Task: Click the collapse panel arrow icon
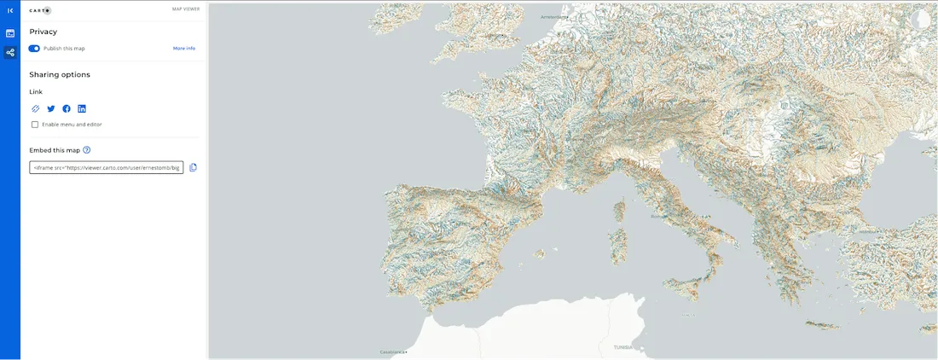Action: pos(10,10)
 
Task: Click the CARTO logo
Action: pos(40,10)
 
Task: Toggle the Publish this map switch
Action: pos(35,49)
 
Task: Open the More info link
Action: pos(184,49)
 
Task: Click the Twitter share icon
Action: pos(51,109)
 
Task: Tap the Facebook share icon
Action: pos(67,109)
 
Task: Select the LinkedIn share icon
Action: pos(82,109)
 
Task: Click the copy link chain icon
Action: pos(35,109)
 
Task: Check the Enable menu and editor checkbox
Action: pos(35,125)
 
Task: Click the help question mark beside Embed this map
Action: pos(87,150)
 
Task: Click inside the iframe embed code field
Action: pos(107,168)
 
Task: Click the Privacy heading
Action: pos(43,32)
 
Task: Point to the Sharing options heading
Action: pos(60,75)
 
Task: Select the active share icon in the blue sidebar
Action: pos(10,53)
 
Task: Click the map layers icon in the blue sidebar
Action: pos(10,33)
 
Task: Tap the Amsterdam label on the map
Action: pos(554,16)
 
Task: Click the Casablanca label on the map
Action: pos(394,351)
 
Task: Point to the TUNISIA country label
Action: pos(623,347)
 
